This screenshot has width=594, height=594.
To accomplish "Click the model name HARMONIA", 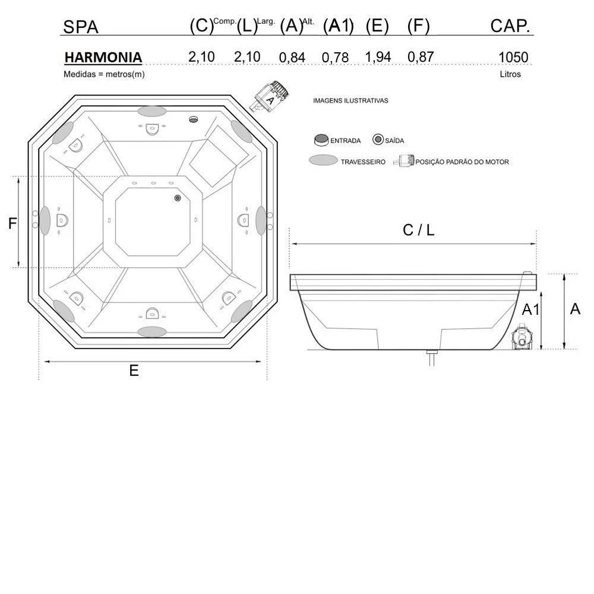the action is (103, 58).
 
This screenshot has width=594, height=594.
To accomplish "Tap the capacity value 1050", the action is (513, 57).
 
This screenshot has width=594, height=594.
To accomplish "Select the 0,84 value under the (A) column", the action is (292, 58).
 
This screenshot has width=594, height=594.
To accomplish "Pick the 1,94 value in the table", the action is (378, 57).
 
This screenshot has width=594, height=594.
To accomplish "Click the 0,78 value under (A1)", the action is (335, 58).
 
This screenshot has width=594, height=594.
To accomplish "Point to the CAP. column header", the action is (510, 26).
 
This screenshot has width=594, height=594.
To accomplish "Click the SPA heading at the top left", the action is (80, 27).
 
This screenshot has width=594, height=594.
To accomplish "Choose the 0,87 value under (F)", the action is (421, 57).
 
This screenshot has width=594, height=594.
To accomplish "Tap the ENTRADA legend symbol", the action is (321, 140).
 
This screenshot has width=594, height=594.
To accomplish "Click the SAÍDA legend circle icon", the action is (378, 140).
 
